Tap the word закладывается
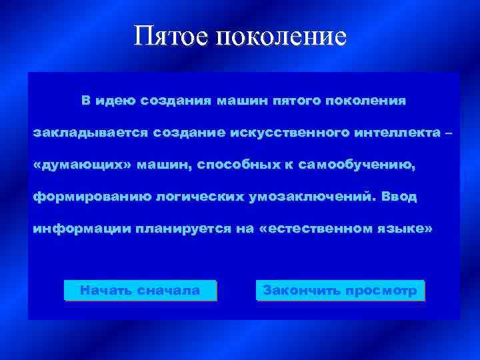[x=91, y=133]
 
